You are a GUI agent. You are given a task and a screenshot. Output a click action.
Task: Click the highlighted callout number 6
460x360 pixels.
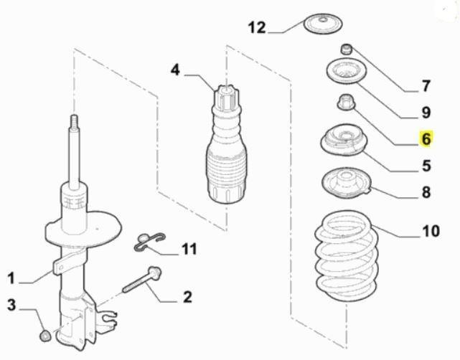click(x=426, y=138)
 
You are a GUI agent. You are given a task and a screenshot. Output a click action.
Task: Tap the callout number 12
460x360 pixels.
click(x=257, y=28)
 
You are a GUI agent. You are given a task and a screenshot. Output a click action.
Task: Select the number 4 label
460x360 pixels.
click(x=175, y=70)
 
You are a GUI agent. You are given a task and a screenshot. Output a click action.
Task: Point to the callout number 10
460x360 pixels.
click(x=431, y=231)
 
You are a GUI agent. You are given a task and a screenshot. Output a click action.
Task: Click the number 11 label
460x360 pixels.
click(x=189, y=249)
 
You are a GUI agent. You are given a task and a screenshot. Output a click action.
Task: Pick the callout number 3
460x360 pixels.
click(x=11, y=305)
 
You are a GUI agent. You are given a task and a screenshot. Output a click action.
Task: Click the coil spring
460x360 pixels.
click(x=346, y=256)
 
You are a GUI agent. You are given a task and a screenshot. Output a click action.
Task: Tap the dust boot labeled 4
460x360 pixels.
click(x=227, y=143)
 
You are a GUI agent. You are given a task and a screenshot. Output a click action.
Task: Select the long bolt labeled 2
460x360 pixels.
click(x=142, y=280)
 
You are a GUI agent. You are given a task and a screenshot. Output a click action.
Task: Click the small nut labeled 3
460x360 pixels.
click(x=45, y=336)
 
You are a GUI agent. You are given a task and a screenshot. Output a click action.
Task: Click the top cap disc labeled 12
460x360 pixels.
click(x=323, y=23)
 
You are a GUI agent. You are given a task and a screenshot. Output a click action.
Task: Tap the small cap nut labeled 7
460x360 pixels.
click(x=346, y=49)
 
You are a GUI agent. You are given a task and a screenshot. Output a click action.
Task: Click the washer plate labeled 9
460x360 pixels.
click(x=347, y=72)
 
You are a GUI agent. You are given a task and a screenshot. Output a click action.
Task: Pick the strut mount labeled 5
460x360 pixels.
click(x=343, y=140)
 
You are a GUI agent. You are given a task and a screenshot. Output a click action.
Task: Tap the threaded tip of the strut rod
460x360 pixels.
click(x=74, y=121)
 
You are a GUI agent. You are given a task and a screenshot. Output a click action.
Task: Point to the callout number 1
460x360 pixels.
click(x=11, y=278)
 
